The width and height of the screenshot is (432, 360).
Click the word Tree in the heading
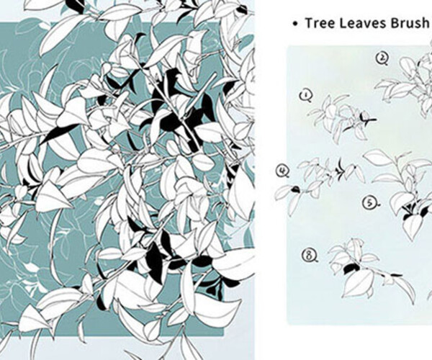point(319,22)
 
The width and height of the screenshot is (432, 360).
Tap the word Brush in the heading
point(410,22)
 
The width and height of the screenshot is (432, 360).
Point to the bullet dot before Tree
point(294,23)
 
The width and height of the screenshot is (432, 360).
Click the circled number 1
point(307,95)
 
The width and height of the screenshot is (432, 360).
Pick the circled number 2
point(383,58)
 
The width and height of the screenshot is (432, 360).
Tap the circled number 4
point(282,171)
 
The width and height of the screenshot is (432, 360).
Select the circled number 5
point(369,204)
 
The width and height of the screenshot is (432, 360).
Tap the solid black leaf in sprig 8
point(351,268)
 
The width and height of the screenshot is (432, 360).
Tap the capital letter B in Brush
point(397,22)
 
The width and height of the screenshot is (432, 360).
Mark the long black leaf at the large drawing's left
point(58,132)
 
